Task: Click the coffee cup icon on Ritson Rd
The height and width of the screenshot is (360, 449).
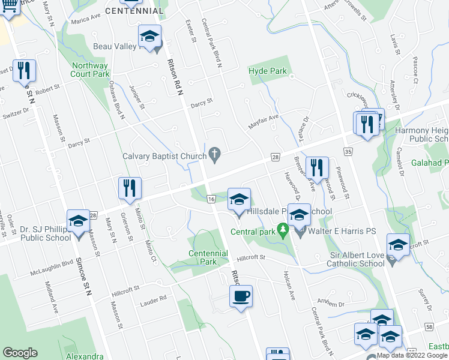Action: point(241,297)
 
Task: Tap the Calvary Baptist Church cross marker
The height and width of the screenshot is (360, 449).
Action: point(214,156)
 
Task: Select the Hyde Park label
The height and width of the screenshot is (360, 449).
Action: point(268,71)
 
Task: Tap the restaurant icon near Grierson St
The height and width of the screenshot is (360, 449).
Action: point(129,188)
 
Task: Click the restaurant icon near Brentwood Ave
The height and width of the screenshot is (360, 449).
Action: point(317,169)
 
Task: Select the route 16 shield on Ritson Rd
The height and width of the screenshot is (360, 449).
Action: point(211,199)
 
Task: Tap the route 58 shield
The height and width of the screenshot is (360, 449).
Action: point(429,326)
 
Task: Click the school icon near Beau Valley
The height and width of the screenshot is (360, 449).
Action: point(149,37)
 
